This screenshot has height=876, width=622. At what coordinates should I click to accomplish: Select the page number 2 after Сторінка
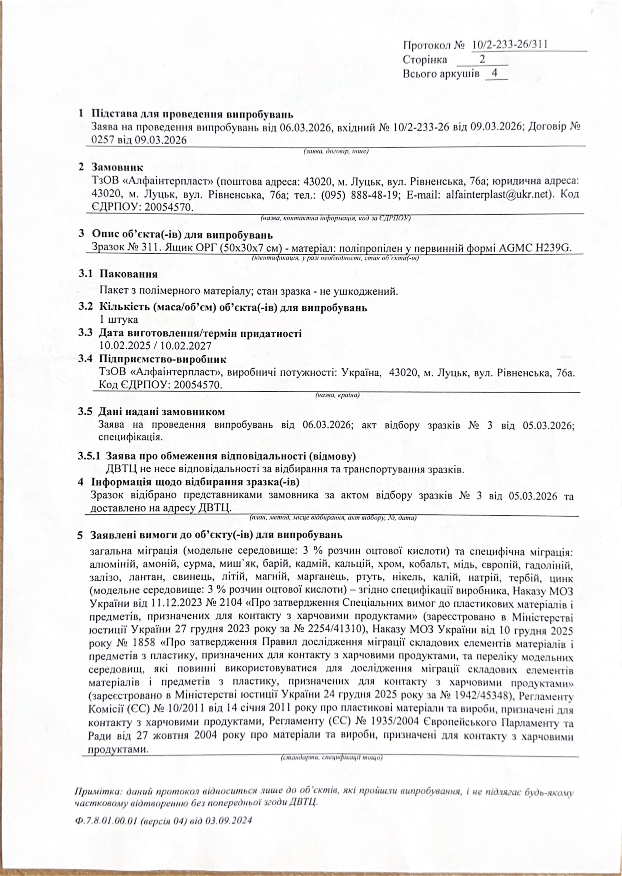click(x=483, y=60)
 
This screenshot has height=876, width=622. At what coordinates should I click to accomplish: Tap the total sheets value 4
click(x=495, y=73)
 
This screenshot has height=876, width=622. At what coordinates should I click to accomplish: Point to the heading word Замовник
click(x=118, y=168)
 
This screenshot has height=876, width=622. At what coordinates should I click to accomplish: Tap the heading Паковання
click(x=128, y=274)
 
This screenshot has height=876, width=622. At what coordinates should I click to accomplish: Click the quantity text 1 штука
click(x=118, y=319)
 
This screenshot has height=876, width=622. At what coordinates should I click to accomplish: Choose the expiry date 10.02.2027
click(x=186, y=345)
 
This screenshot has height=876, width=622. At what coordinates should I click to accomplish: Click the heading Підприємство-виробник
click(x=162, y=359)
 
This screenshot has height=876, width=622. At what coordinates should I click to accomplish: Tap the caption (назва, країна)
click(x=337, y=395)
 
